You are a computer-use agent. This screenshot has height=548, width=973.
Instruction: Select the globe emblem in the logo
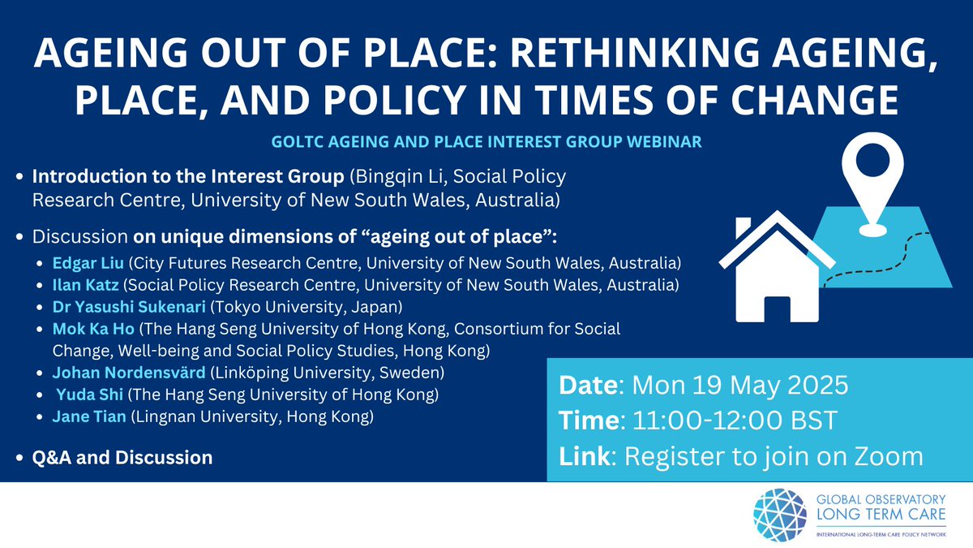pyautogui.click(x=780, y=516)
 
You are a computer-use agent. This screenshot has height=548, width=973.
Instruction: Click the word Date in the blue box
pyautogui.click(x=585, y=384)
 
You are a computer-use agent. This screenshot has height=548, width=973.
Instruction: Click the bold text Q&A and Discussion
pyautogui.click(x=122, y=457)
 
